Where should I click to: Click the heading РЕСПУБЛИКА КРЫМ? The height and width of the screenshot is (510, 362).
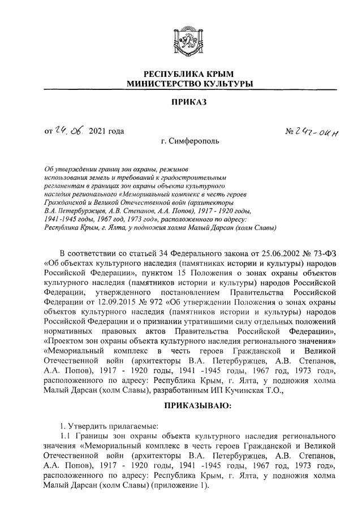(x=189, y=74)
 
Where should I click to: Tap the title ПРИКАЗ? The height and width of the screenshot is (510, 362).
(x=189, y=103)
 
